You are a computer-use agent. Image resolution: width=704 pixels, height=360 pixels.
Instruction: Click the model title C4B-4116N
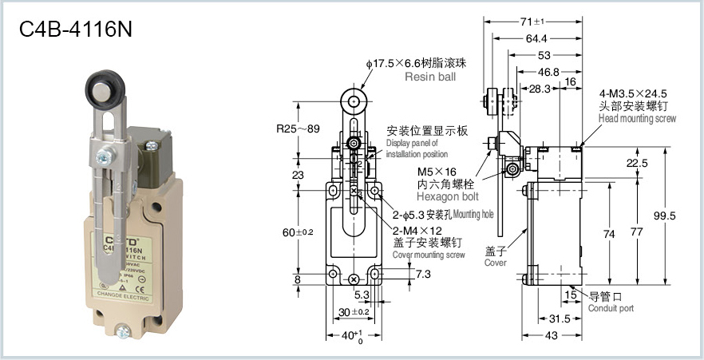tap(76, 30)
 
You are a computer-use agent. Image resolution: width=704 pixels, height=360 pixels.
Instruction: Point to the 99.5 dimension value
tap(664, 216)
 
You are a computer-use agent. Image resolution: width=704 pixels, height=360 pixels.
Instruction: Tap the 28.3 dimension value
tap(540, 89)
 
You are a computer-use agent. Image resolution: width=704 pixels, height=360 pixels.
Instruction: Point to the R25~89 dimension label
tap(298, 128)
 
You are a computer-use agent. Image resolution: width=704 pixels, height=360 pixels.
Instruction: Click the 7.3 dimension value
tap(401, 275)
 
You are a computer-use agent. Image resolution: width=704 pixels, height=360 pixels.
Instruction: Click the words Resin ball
tap(431, 77)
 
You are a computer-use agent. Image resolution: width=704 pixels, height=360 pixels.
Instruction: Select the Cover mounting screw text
tap(429, 255)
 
